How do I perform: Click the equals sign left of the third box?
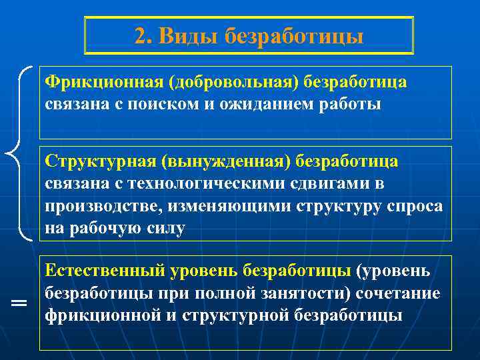(x=19, y=304)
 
